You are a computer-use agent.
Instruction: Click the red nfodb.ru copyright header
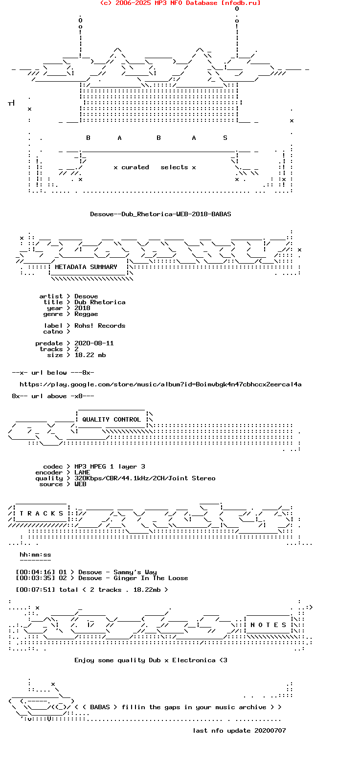pyautogui.click(x=180, y=3)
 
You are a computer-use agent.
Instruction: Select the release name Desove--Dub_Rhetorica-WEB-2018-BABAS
pyautogui.click(x=160, y=214)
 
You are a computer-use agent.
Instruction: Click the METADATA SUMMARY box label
pyautogui.click(x=86, y=267)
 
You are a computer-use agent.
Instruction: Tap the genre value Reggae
pyautogui.click(x=86, y=314)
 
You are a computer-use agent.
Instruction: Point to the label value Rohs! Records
pyautogui.click(x=100, y=325)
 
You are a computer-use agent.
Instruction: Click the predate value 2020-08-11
pyautogui.click(x=94, y=343)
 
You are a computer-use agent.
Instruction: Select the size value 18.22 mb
pyautogui.click(x=90, y=355)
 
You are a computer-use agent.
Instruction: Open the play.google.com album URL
pyautogui.click(x=160, y=384)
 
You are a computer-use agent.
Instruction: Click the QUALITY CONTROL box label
pyautogui.click(x=112, y=419)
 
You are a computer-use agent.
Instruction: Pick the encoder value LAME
pyautogui.click(x=82, y=472)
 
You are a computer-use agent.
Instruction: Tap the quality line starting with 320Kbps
pyautogui.click(x=145, y=478)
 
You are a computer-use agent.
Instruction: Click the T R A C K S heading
pyautogui.click(x=41, y=514)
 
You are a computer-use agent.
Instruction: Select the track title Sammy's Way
pyautogui.click(x=135, y=572)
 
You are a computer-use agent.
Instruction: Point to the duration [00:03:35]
pyautogui.click(x=35, y=578)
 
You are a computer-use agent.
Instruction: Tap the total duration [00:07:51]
pyautogui.click(x=35, y=590)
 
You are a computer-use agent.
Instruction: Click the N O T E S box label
pyautogui.click(x=268, y=625)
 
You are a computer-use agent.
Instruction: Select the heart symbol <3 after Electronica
pyautogui.click(x=223, y=660)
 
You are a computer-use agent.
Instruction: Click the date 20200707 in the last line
pyautogui.click(x=270, y=730)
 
